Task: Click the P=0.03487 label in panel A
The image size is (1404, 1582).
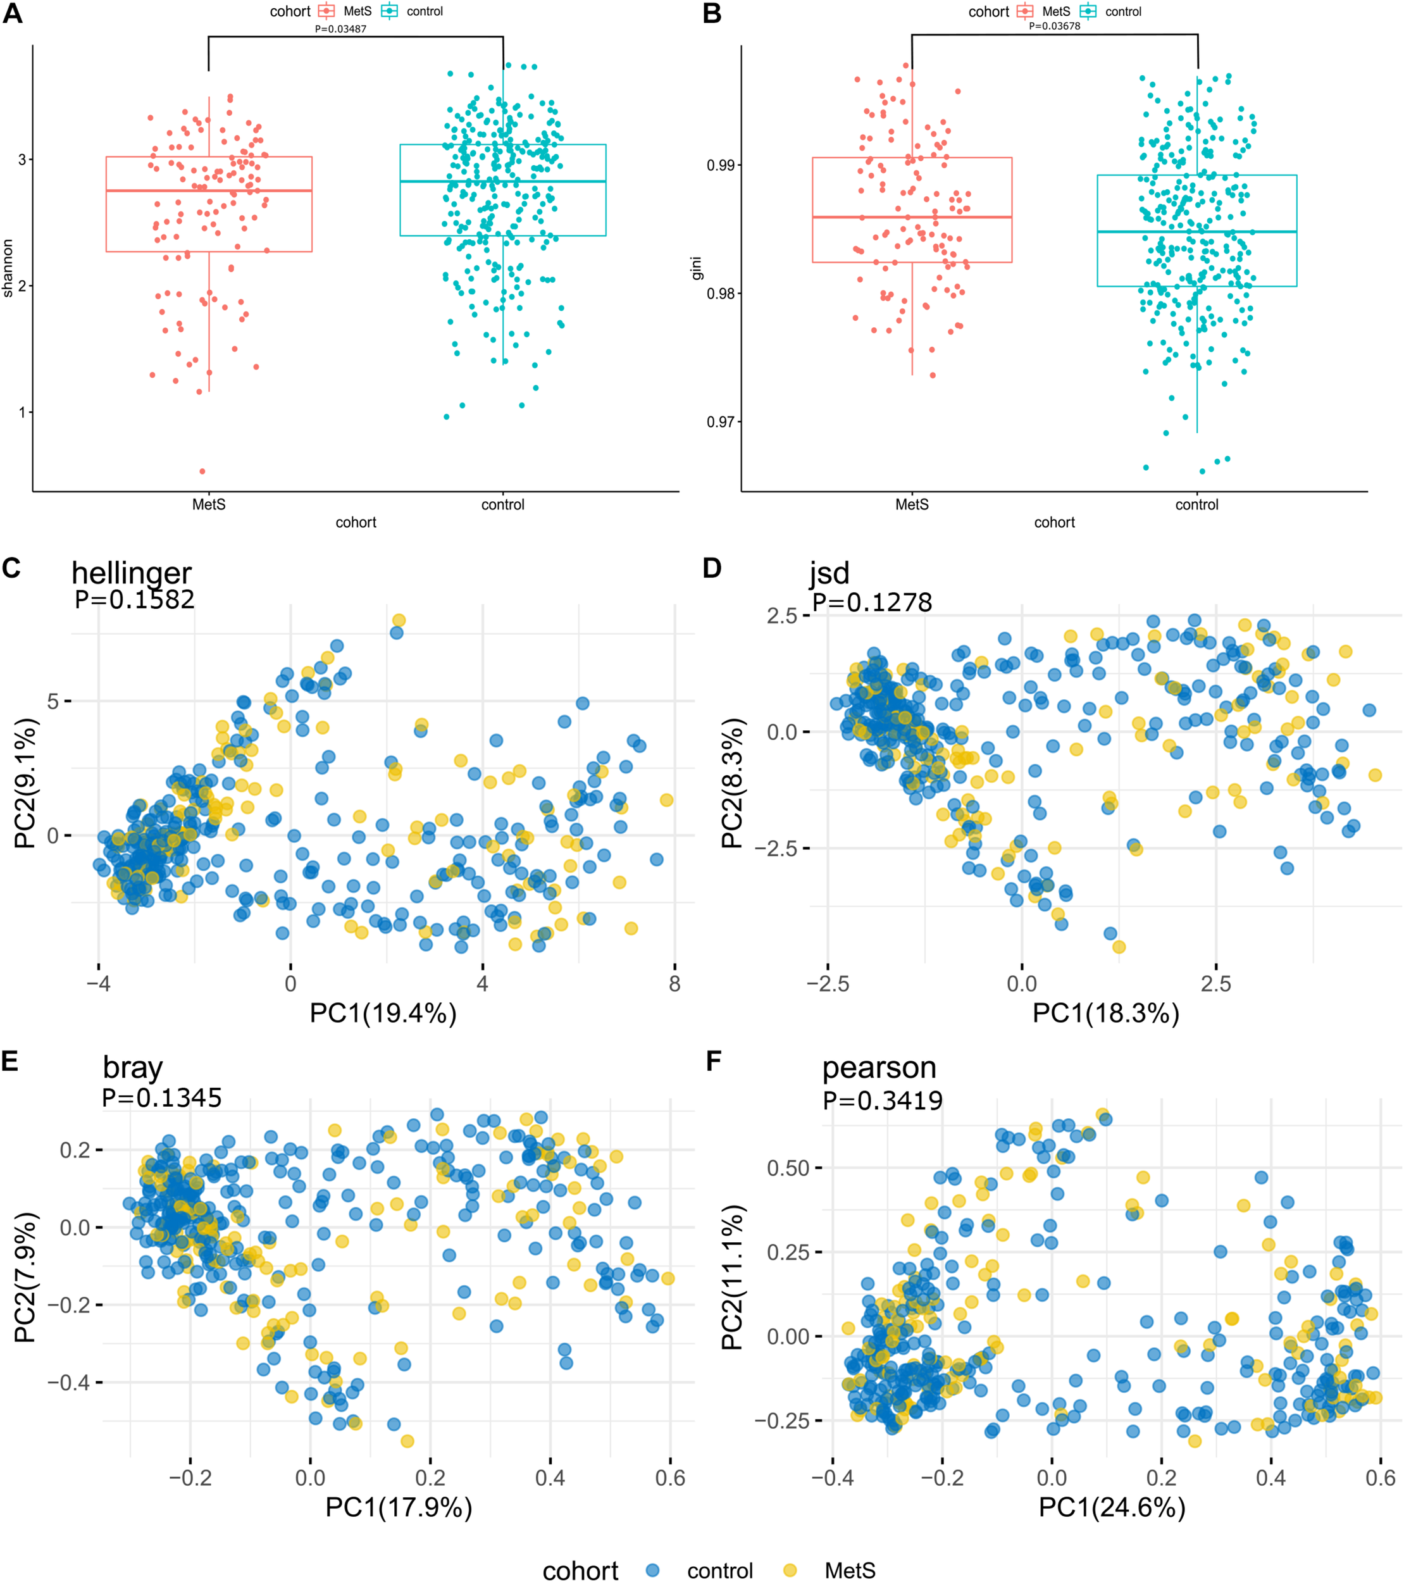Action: coord(340,28)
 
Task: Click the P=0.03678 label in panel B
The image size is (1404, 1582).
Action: coord(1054,25)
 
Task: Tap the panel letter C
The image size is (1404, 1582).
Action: coord(11,568)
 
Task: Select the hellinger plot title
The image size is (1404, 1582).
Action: coord(131,573)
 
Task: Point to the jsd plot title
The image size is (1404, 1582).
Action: coord(829,573)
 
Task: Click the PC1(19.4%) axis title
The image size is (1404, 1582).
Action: coord(383,1013)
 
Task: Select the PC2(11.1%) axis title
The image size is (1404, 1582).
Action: coord(732,1277)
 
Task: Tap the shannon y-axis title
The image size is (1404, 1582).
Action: coord(8,268)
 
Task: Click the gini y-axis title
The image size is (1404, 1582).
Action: coord(697,268)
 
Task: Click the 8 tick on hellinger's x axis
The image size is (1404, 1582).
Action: coord(675,984)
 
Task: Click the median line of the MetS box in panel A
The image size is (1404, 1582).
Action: coord(208,190)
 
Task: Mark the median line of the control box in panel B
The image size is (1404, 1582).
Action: coord(1196,232)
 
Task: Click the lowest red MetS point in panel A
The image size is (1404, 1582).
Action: coord(202,471)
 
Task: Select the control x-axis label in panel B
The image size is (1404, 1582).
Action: coord(1196,504)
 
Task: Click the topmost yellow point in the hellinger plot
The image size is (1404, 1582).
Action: coord(399,620)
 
